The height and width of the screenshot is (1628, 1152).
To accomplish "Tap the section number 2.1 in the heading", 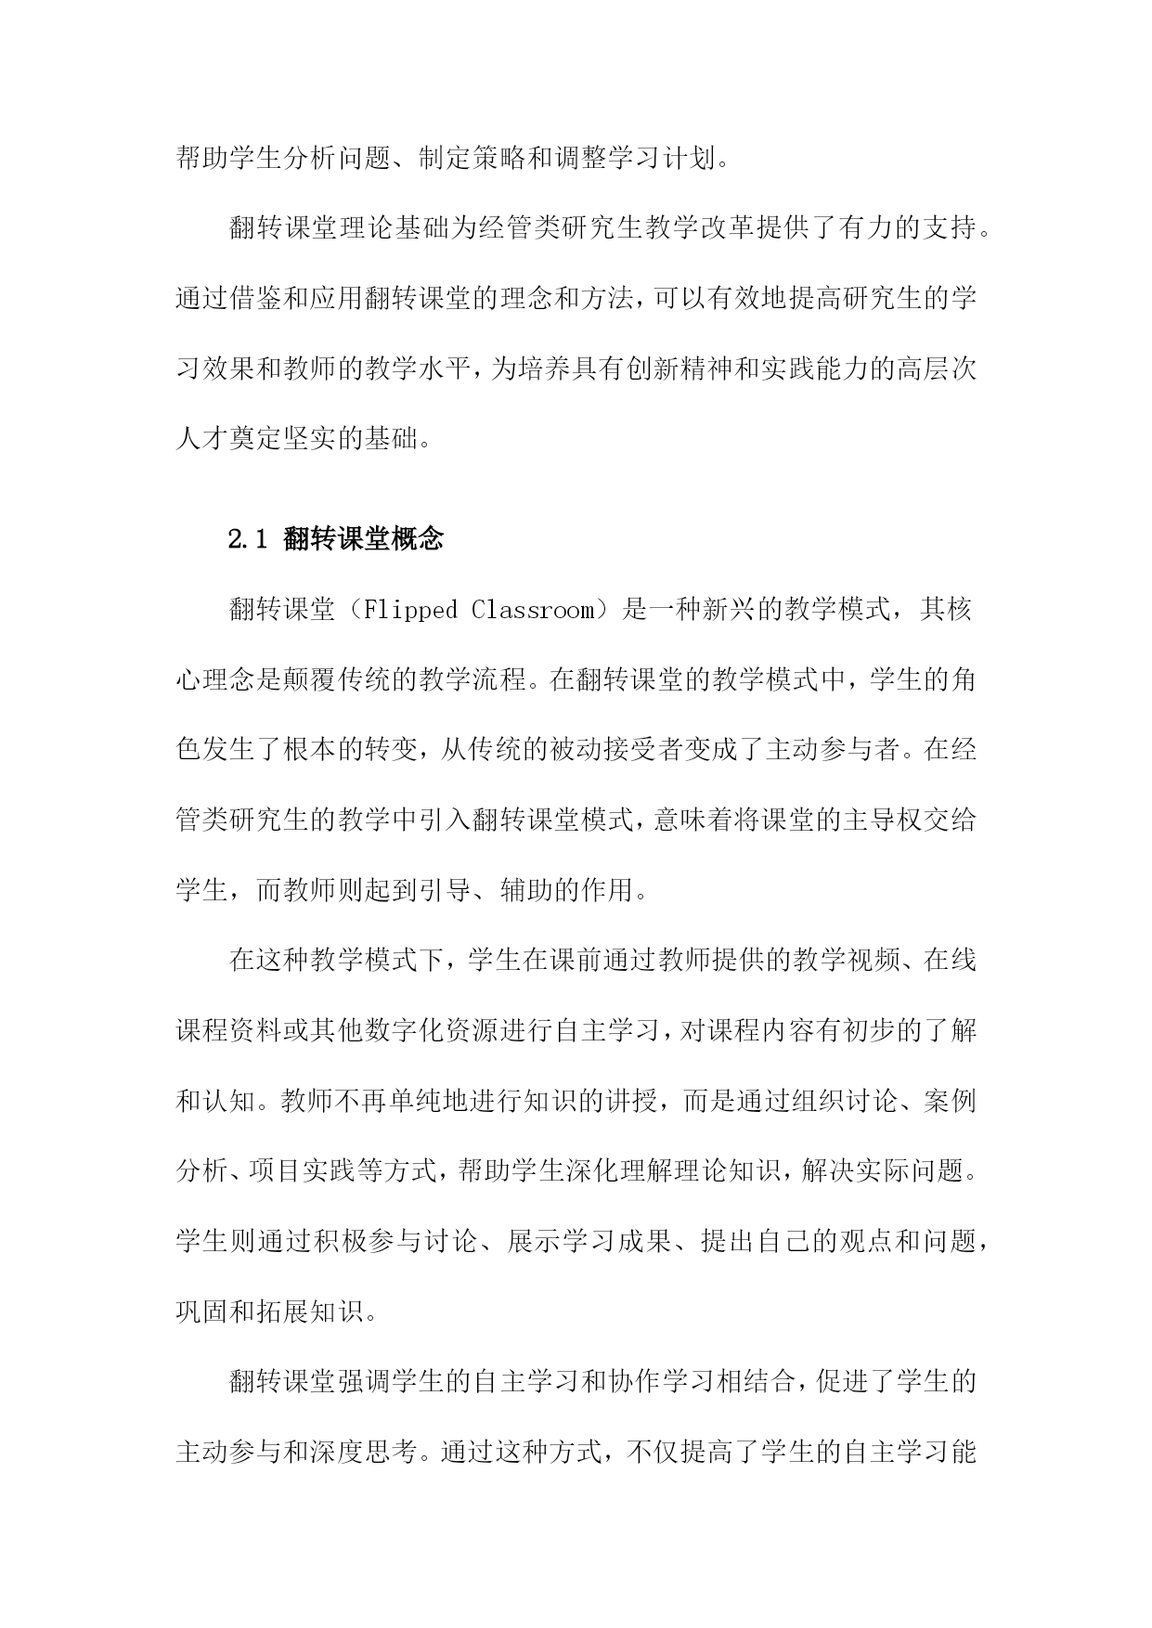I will point(248,539).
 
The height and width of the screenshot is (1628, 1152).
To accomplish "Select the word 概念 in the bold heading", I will point(418,539).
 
